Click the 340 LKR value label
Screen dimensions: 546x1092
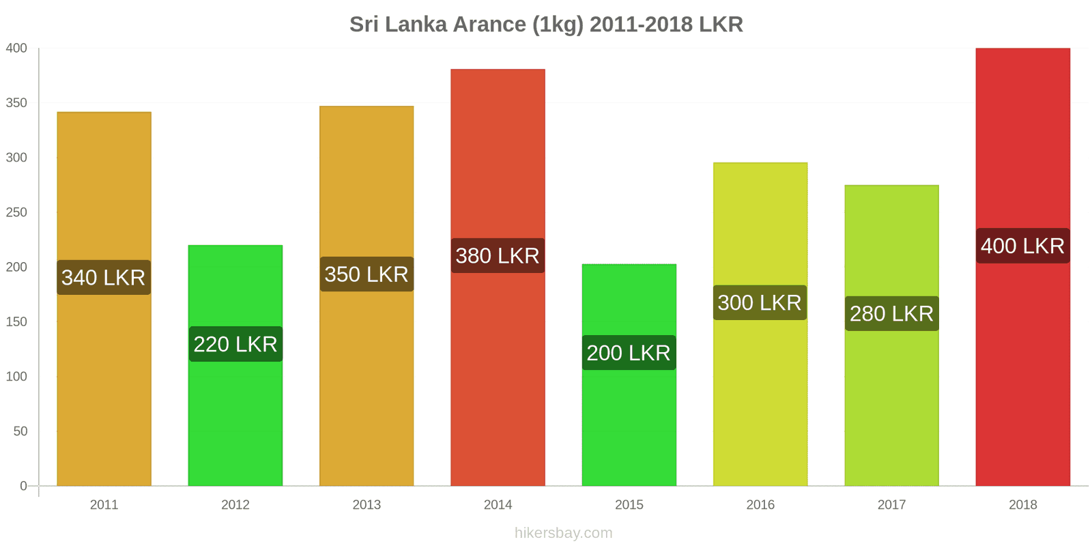104,277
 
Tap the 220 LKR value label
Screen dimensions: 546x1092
235,344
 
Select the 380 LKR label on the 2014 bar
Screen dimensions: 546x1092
498,256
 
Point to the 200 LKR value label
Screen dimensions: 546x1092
629,353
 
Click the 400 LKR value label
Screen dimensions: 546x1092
1022,246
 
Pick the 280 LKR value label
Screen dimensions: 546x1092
891,313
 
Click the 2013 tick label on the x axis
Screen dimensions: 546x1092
367,504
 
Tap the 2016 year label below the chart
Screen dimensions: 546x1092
760,504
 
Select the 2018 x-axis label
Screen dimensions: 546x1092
1022,504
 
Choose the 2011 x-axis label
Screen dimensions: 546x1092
104,504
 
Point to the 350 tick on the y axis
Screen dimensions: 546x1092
16,103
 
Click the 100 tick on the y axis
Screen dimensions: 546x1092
16,376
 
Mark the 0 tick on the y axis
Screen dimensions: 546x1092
23,486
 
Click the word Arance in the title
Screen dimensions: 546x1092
489,25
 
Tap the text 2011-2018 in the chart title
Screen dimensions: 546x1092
642,25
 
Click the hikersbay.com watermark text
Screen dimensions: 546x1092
563,533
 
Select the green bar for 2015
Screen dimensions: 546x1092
629,423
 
